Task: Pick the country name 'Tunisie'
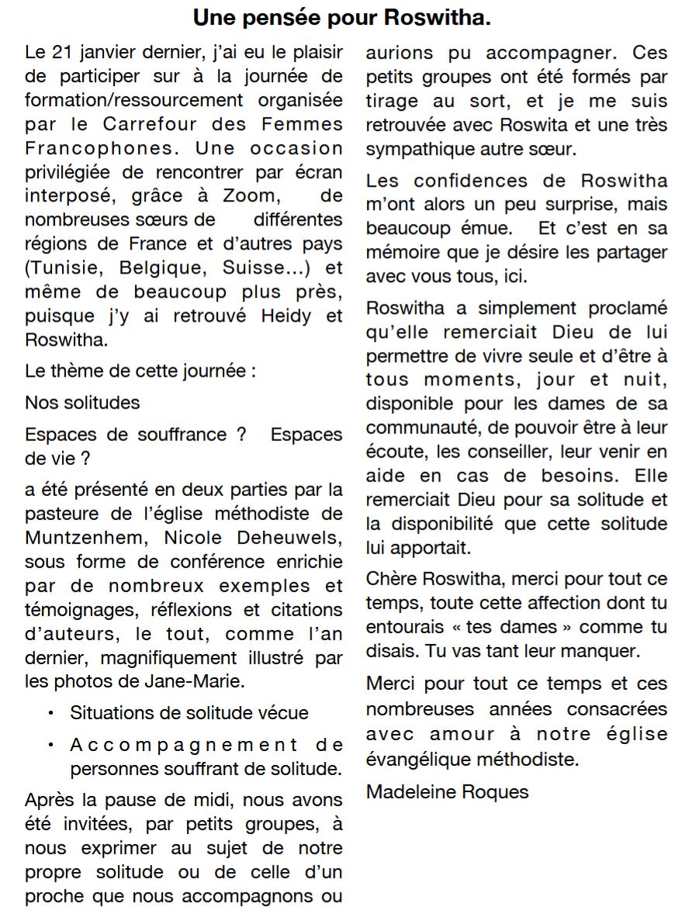[x=67, y=268]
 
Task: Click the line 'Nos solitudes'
[x=82, y=402]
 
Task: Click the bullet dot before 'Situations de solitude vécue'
[x=51, y=713]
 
